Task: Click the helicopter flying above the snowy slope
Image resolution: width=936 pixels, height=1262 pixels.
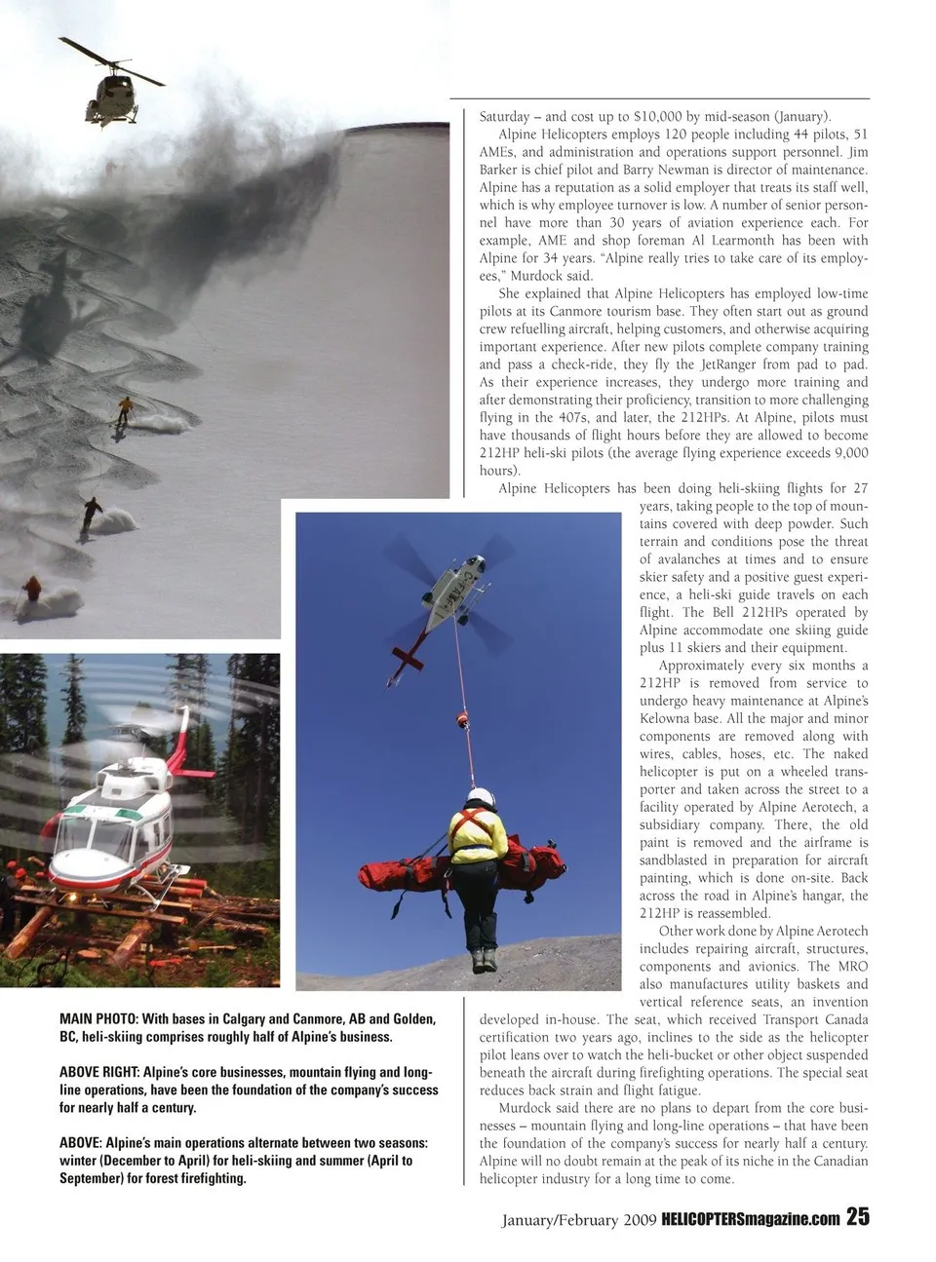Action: [115, 91]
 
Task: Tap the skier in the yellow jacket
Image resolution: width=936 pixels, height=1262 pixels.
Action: [125, 408]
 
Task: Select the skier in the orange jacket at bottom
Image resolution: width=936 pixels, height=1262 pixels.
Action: [33, 590]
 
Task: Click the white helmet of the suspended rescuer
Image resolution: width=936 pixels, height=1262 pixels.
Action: [479, 795]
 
